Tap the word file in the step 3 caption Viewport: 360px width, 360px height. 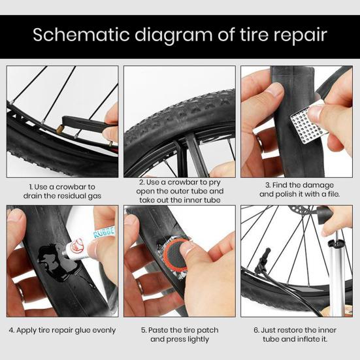click(x=324, y=194)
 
